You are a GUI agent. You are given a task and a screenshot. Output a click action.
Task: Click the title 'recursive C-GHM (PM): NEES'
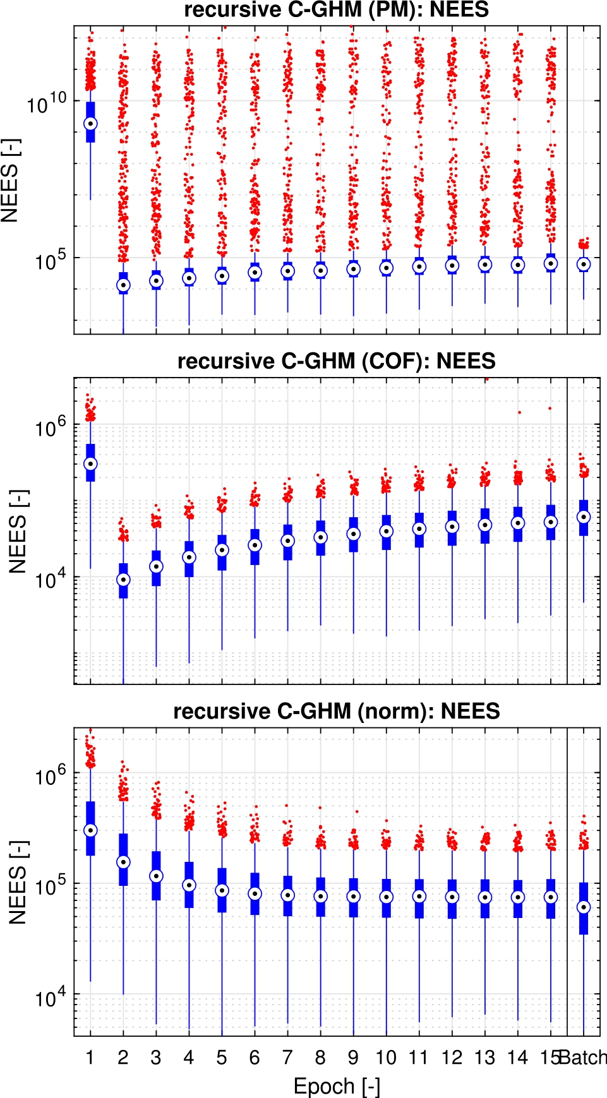(336, 10)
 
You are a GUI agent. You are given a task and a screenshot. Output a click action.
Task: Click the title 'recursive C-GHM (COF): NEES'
(336, 361)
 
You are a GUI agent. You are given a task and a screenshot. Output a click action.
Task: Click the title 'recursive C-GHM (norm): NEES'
(336, 712)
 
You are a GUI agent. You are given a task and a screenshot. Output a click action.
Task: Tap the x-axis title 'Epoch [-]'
(337, 1086)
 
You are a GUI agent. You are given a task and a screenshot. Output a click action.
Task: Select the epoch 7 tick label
(287, 1058)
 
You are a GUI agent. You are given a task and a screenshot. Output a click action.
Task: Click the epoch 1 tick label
(90, 1058)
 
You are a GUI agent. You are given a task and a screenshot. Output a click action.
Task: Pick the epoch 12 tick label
(452, 1058)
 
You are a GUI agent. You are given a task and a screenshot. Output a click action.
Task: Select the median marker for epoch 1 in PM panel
(90, 124)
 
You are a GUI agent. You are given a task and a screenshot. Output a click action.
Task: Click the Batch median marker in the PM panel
(584, 265)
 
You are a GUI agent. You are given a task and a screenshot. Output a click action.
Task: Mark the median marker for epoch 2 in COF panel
(123, 580)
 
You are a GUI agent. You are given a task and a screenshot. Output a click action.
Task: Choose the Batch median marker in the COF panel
(584, 517)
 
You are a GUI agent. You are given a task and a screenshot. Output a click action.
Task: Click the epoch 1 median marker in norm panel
(90, 830)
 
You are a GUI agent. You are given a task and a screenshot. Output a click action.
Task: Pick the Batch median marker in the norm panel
(584, 907)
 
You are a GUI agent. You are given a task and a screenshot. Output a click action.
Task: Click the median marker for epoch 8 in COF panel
(320, 537)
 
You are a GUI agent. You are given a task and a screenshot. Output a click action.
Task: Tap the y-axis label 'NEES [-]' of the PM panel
(11, 181)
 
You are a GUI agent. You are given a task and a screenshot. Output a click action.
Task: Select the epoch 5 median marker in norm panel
(222, 890)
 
